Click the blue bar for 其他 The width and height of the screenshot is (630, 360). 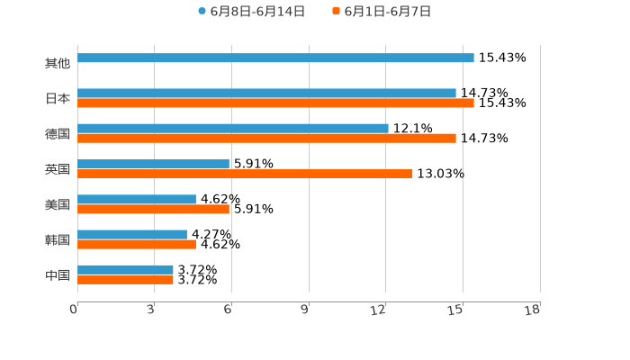[275, 58]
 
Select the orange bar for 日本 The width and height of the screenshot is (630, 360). [275, 103]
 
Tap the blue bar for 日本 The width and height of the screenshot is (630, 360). [266, 94]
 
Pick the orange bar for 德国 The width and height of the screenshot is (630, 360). [266, 139]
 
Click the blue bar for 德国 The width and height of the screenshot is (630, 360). [233, 129]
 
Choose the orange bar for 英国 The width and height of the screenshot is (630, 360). [245, 175]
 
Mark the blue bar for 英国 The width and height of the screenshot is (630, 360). [153, 165]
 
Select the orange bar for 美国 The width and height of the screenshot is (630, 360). [153, 210]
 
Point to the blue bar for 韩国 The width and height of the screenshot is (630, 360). [132, 235]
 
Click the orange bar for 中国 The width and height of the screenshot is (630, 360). [125, 280]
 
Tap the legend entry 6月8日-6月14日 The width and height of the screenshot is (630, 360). [252, 12]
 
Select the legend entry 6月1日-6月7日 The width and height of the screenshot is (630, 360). [382, 12]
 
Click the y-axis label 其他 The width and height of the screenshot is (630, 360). [58, 64]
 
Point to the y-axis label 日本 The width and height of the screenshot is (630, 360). [58, 99]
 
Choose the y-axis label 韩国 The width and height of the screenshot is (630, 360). [58, 240]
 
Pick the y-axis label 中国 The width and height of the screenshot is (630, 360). [58, 275]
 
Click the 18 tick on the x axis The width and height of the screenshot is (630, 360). [533, 310]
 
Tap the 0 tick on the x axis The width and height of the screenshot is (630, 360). [74, 310]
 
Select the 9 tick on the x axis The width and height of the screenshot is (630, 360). [305, 310]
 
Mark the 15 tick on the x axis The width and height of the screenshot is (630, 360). [456, 310]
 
